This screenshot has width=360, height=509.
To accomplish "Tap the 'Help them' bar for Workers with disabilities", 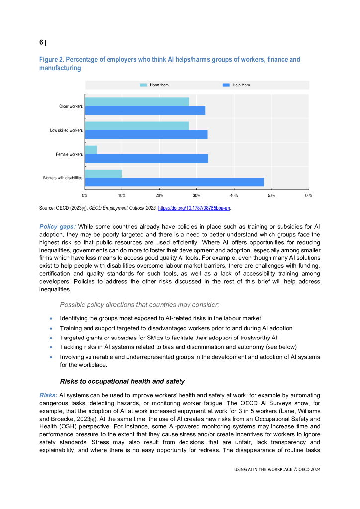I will tap(174, 182).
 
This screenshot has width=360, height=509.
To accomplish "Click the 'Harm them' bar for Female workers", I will tap(91, 150).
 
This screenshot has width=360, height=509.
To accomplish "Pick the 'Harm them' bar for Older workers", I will tap(137, 102).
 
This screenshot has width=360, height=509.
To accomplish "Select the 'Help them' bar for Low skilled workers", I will tap(146, 134).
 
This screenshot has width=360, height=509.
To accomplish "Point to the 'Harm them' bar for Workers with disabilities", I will tap(103, 173).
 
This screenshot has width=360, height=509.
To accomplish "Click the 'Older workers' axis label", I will tap(71, 106).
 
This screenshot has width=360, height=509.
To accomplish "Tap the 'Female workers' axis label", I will tap(69, 154).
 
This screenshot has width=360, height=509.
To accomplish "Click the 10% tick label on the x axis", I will tap(122, 196).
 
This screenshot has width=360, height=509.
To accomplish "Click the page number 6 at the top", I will tap(41, 43).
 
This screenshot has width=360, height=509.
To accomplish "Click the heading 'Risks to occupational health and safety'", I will tap(122, 381).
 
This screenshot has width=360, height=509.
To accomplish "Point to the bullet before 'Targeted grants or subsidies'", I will tap(51, 338).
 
